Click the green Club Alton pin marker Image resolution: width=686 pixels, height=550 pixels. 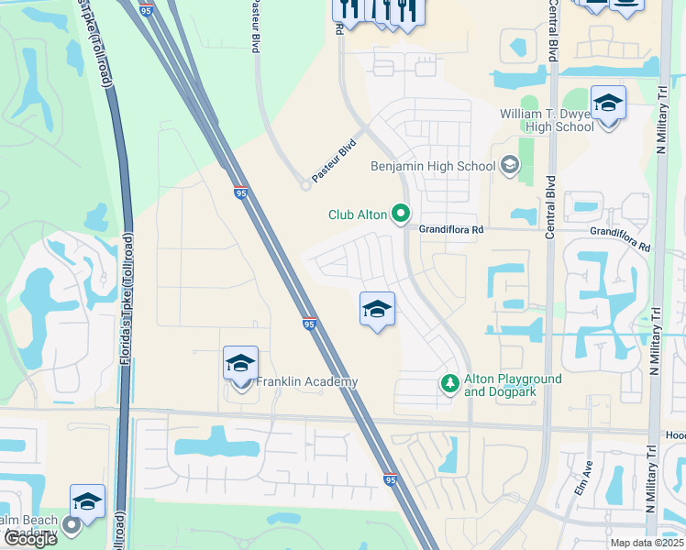pos(400,214)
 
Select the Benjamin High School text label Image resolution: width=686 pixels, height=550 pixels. pos(432,166)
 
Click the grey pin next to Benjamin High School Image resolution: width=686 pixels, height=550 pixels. pos(510,166)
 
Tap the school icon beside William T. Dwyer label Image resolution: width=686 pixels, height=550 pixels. pos(607,104)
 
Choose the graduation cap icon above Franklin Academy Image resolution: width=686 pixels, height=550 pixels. pos(240,363)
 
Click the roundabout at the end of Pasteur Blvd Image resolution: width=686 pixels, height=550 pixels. pos(306,185)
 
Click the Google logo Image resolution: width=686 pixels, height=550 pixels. pos(29,540)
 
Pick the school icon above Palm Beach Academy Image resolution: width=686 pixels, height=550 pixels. pos(87,502)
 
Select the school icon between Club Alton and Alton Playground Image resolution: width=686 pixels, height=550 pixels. pos(377,310)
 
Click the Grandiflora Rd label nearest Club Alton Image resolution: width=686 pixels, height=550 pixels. pos(451,230)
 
